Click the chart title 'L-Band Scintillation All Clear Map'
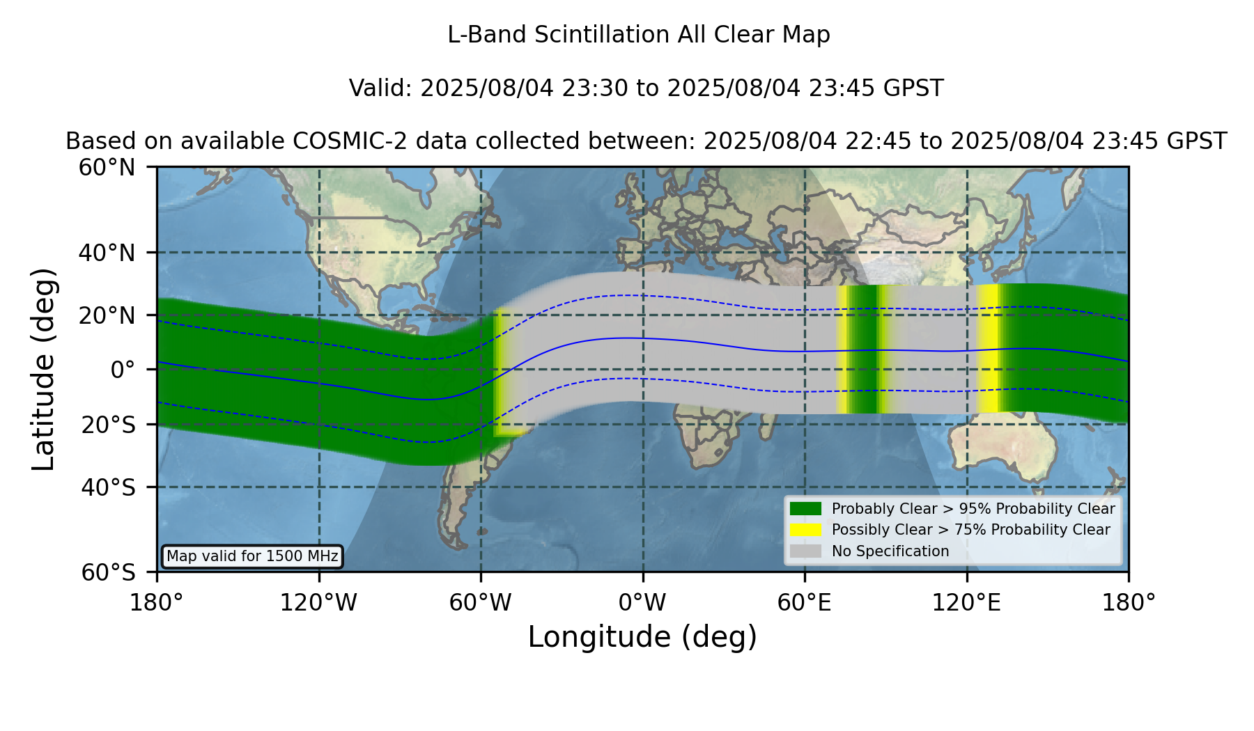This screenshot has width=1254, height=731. point(639,35)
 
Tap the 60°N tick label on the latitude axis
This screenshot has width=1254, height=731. point(107,168)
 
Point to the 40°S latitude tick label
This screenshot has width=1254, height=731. point(108,487)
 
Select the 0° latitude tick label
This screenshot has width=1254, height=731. point(123,370)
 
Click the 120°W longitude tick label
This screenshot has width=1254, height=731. point(318,603)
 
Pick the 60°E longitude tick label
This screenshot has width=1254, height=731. point(805,603)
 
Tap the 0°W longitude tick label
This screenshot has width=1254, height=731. point(642,603)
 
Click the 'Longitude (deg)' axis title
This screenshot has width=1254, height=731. point(642,637)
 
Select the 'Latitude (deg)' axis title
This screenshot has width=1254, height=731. point(43,370)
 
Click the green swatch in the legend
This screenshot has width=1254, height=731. point(806,509)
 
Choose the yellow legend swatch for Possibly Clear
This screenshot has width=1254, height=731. point(806,530)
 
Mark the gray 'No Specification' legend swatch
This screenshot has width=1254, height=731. point(806,551)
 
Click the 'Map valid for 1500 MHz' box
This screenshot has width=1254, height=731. point(252,556)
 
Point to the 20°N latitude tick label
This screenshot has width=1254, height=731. point(107,315)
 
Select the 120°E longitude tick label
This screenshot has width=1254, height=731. point(967,603)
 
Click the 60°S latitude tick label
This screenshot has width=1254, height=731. point(108,573)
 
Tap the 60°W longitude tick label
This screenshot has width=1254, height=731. point(481,603)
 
